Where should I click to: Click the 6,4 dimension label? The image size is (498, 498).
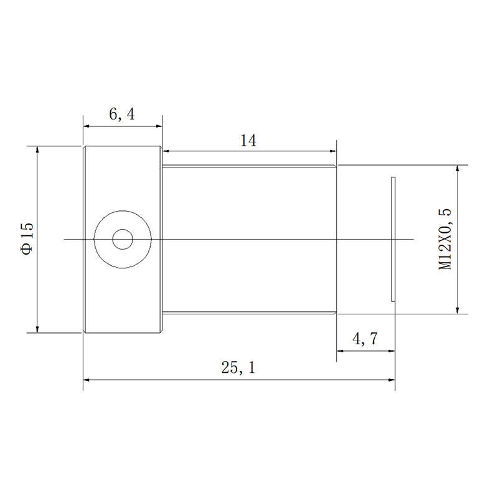122,114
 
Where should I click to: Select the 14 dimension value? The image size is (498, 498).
248,141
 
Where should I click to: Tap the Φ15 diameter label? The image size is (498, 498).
27,238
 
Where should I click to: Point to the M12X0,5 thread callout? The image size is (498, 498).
444,239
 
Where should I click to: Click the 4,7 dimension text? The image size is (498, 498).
365,339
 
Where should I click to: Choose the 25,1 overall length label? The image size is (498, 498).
238,367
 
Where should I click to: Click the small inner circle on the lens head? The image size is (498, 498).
123,239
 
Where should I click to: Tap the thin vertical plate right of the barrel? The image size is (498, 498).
393,239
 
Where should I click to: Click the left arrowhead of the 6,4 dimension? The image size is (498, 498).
87,126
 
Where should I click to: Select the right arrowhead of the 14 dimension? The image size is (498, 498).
333,151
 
